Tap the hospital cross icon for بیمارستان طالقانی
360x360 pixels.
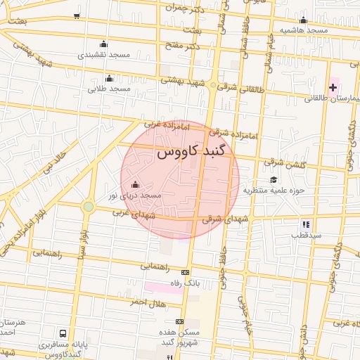333,87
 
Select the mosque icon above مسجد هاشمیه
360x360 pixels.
303,20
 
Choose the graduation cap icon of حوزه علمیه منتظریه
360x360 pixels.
273,179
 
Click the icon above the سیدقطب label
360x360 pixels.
306,224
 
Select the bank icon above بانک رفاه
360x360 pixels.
185,273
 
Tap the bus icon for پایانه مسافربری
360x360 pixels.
64,333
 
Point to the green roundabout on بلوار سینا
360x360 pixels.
88,206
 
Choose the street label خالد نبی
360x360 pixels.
53,160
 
